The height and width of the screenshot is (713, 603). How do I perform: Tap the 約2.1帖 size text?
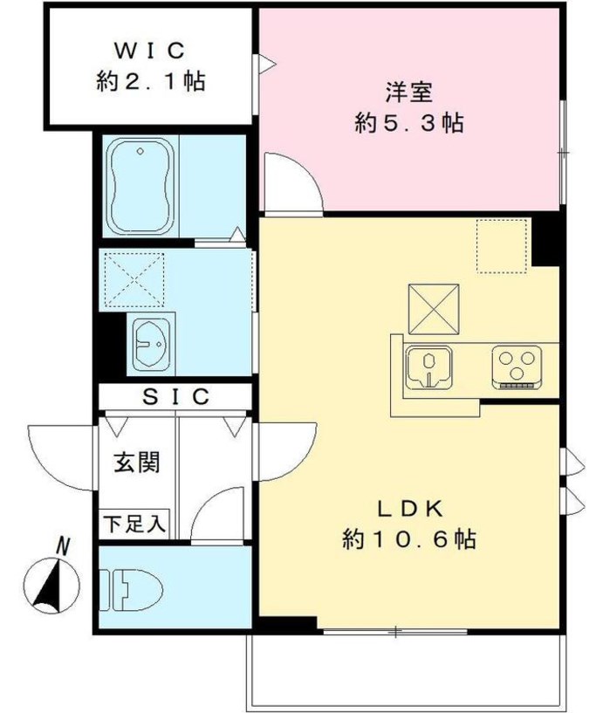(x=150, y=84)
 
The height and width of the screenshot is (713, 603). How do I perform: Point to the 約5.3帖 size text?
(x=408, y=124)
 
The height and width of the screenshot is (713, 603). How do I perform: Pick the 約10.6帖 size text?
(x=408, y=540)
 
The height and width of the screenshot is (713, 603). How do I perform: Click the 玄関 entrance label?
(x=136, y=463)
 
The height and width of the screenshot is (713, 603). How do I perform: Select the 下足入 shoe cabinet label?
(x=134, y=525)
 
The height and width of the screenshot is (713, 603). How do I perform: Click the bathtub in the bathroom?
(x=140, y=185)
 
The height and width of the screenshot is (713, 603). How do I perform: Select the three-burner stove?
(x=517, y=365)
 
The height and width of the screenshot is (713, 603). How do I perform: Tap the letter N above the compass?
(x=62, y=545)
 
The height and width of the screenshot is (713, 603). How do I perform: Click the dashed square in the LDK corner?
(x=503, y=245)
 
